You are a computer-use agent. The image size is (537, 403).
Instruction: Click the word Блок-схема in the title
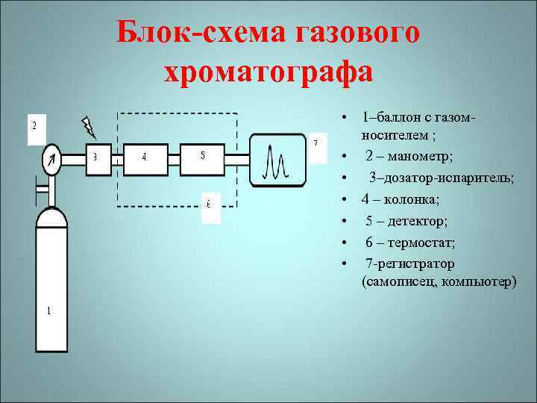pyautogui.click(x=201, y=33)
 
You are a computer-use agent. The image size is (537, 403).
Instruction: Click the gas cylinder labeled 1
pyautogui.click(x=63, y=284)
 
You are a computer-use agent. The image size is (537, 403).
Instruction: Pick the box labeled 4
pyautogui.click(x=145, y=157)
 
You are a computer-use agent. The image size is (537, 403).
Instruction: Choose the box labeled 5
pyautogui.click(x=203, y=156)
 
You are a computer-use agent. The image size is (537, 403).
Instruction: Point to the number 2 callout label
pyautogui.click(x=34, y=129)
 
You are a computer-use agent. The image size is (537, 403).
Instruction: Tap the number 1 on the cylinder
pyautogui.click(x=48, y=311)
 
